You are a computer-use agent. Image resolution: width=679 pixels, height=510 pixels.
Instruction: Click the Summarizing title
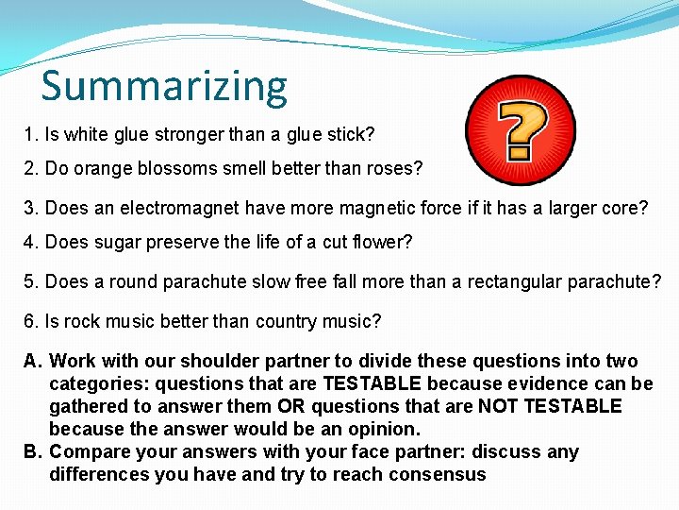(x=164, y=85)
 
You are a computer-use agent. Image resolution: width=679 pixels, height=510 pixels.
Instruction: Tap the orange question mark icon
(x=521, y=130)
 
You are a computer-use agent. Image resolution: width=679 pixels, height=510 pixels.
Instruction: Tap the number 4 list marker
(x=29, y=242)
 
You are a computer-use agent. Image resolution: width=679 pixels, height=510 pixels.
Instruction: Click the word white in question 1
(x=86, y=134)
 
